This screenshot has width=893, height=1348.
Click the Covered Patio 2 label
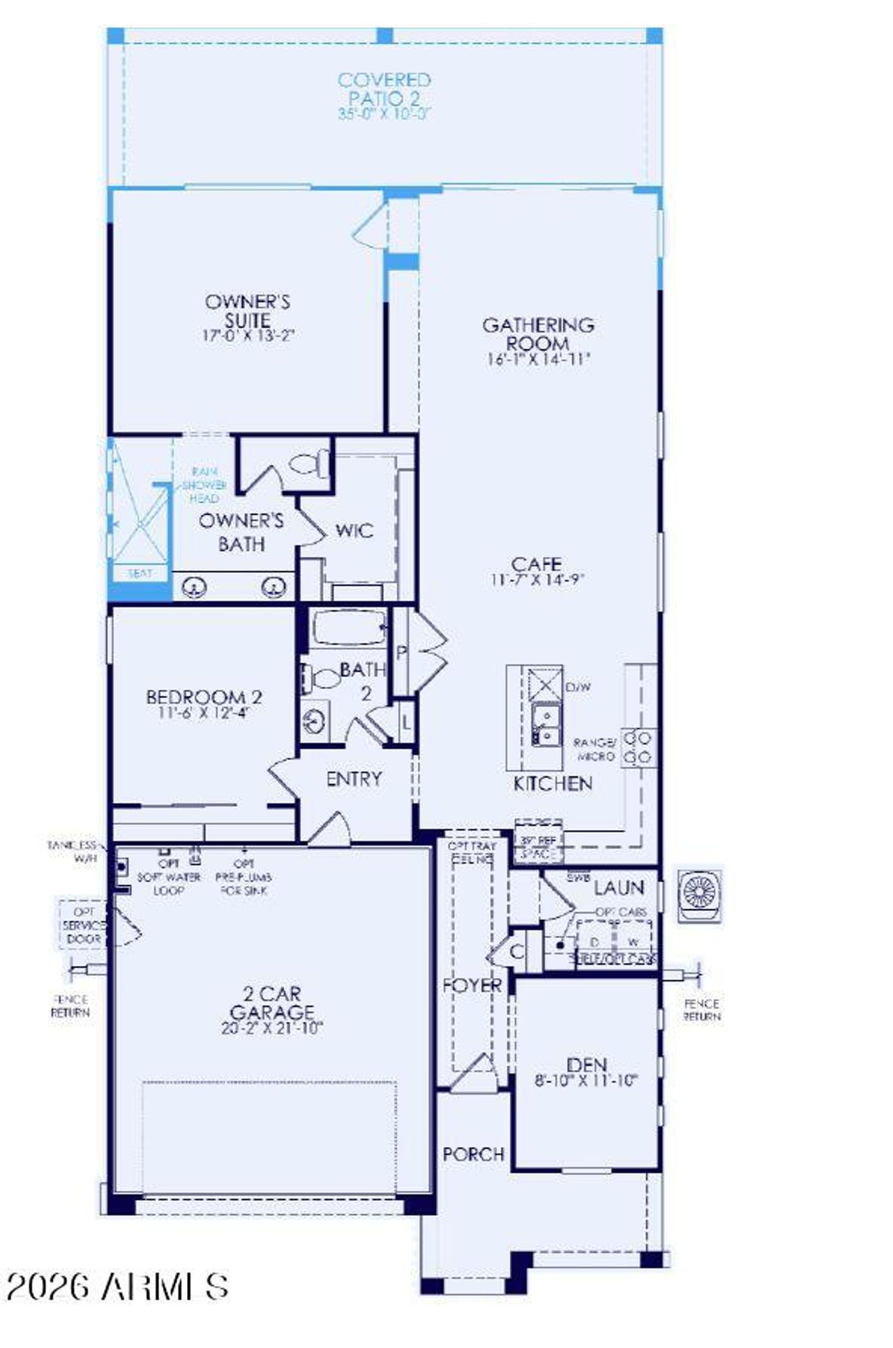384,89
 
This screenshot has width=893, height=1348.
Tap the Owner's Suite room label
248,311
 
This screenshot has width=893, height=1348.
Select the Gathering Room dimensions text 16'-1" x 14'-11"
538,360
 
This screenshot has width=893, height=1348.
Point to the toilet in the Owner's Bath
308,464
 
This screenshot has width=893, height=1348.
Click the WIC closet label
354,531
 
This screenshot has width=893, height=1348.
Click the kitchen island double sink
546,725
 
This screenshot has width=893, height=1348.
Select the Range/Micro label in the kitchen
595,749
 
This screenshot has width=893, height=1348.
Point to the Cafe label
536,564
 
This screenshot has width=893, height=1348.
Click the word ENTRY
354,779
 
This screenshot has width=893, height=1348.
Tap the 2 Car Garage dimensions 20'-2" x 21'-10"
273,1028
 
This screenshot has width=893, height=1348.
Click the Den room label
587,1065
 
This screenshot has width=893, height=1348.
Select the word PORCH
474,1154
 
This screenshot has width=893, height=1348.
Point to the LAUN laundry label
619,888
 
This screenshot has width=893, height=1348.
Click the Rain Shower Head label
204,484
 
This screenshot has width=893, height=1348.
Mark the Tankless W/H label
74,852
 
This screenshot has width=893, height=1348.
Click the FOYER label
472,986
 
